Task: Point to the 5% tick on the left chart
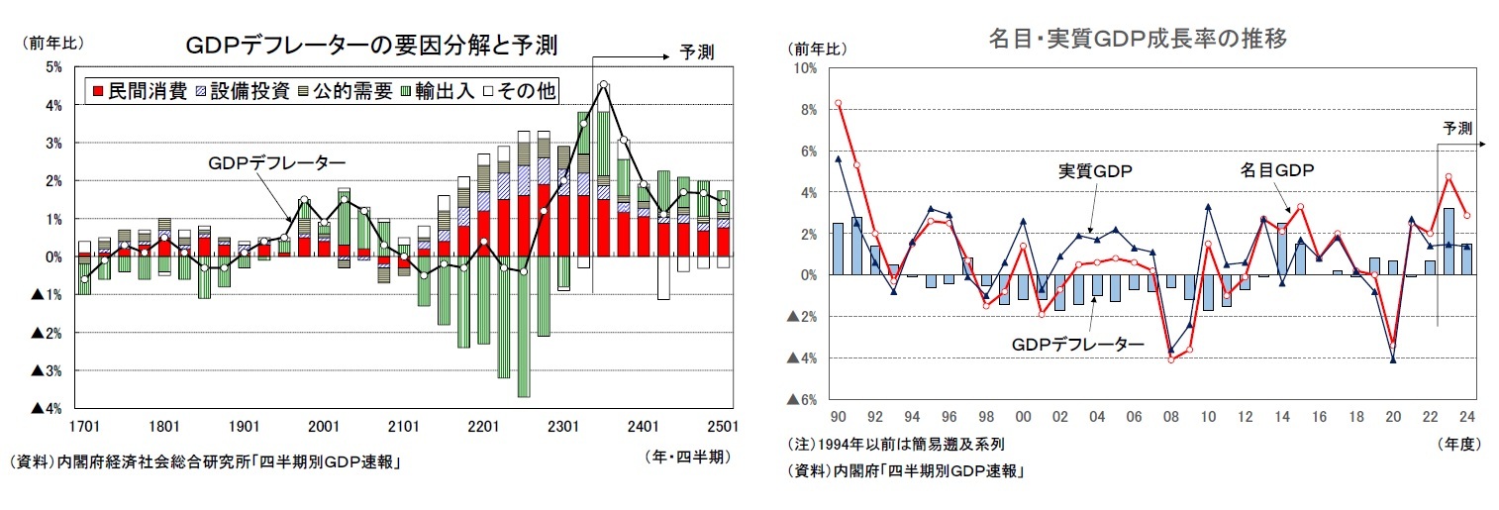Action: [x=53, y=67]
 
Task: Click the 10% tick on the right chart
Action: [x=803, y=67]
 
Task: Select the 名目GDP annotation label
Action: [x=1277, y=170]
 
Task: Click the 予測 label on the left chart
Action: [x=696, y=52]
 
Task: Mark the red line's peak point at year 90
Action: [x=838, y=103]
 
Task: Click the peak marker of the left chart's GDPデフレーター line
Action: [x=603, y=85]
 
